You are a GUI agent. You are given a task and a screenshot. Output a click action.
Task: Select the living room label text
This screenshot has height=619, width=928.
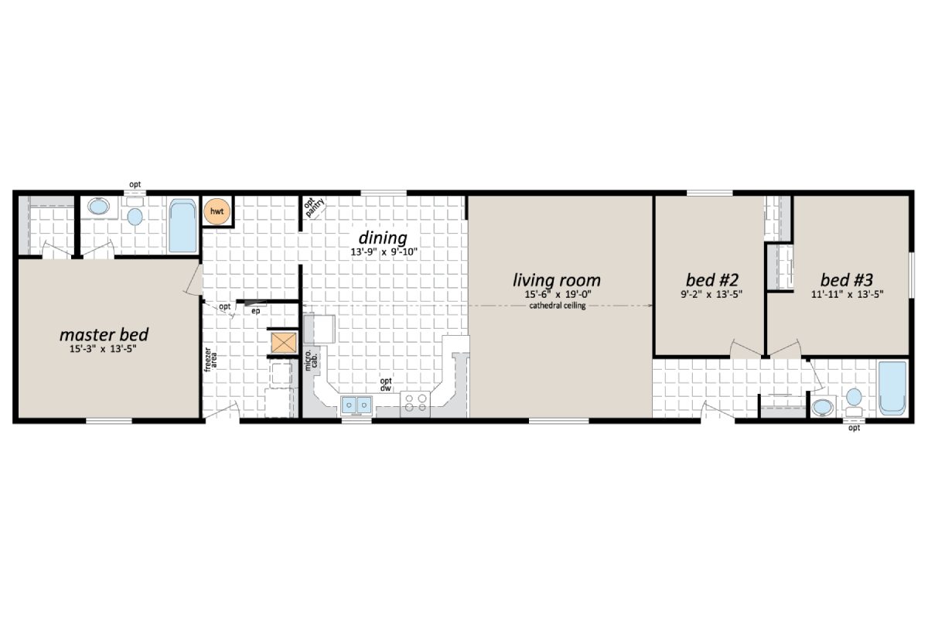(557, 279)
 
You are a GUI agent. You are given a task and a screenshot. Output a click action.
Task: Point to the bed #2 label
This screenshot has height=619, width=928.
(709, 279)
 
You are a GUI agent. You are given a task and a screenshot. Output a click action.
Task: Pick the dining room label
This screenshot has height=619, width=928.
(382, 237)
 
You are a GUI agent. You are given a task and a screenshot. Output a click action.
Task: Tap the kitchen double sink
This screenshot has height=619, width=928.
(356, 404)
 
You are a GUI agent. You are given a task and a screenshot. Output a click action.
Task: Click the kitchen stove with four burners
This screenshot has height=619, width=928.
(415, 403)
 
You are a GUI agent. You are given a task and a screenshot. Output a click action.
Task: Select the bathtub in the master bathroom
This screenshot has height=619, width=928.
(183, 227)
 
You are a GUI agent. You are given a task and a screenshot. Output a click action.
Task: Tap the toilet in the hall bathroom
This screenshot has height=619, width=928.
(854, 399)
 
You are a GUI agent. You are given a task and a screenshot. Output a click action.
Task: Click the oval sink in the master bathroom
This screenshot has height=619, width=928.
(99, 207)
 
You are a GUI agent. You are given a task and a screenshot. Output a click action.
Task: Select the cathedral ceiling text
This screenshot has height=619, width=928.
(557, 306)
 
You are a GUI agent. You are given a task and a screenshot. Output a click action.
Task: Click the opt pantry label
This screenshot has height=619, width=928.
(314, 208)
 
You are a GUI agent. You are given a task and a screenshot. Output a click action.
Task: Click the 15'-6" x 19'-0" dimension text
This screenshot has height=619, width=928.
(557, 296)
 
